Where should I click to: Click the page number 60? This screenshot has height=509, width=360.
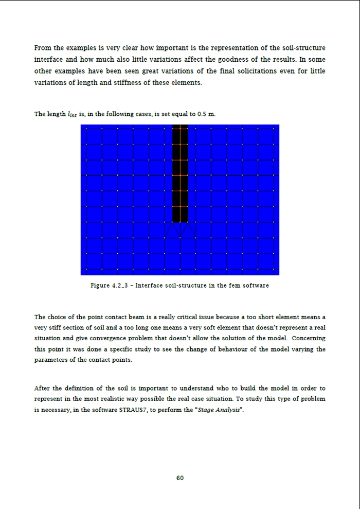click(x=180, y=478)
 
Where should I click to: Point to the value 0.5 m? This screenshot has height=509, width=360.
click(x=205, y=114)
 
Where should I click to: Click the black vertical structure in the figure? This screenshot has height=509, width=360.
click(x=180, y=175)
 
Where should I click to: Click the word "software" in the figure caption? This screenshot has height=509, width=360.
click(x=255, y=285)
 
